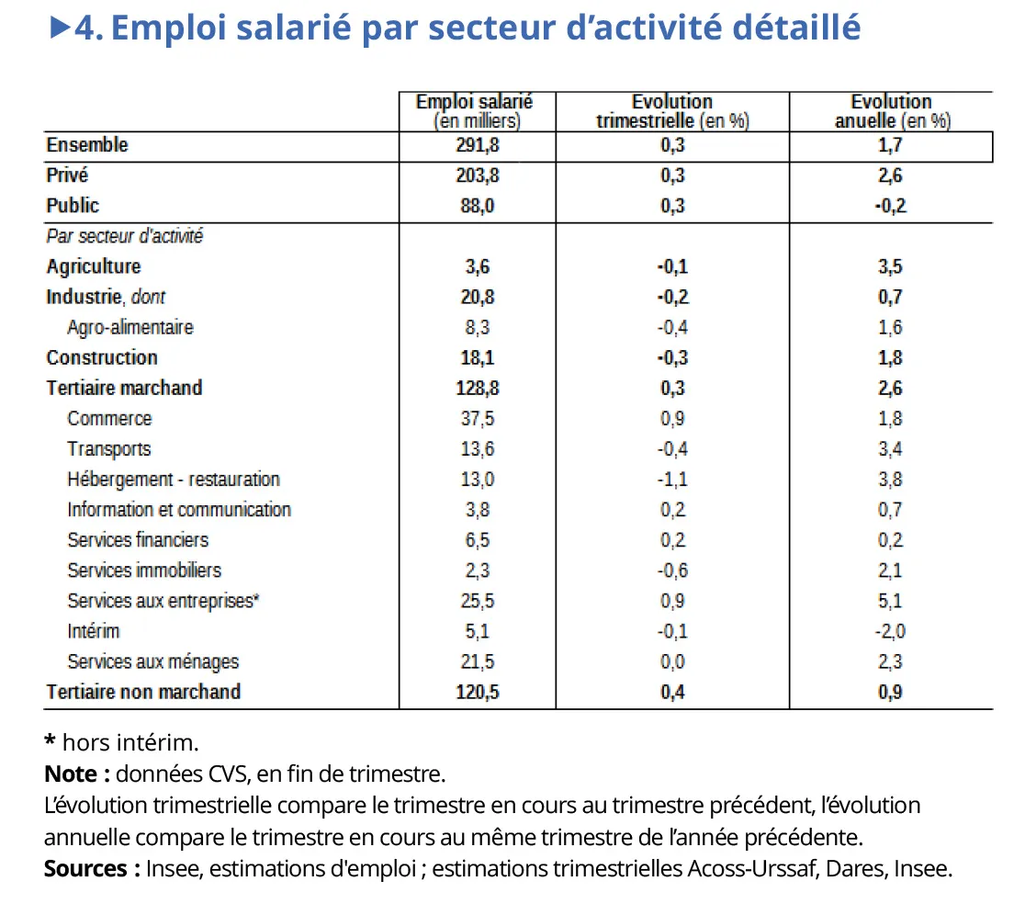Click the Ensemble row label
pos(87,145)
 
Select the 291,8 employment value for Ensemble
pos(477,145)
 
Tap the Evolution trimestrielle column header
pos(672,111)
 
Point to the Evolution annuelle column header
pos(891,111)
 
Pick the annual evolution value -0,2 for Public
pos(890,206)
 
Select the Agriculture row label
pos(94,266)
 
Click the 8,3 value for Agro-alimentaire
pos(477,327)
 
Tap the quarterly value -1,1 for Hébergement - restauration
pos(672,480)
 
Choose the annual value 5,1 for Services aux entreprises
pos(890,601)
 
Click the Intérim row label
pos(93,631)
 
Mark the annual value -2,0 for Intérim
pos(890,631)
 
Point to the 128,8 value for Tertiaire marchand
pos(477,388)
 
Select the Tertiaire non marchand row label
pos(143,692)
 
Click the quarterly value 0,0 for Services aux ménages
pos(672,661)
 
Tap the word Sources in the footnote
pos(85,868)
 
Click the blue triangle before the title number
pos(60,28)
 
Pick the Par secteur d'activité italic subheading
pos(124,236)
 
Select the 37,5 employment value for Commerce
pos(477,418)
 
